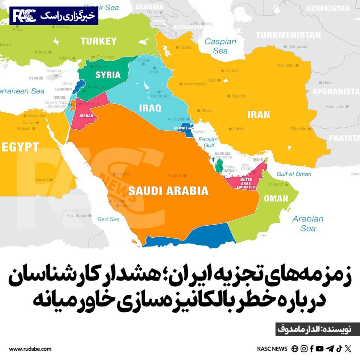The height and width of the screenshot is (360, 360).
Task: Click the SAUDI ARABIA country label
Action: point(168,191)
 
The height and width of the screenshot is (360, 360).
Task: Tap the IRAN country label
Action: point(258,114)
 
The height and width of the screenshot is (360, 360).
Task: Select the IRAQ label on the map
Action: point(150,108)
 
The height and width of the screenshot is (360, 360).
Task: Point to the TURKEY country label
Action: point(98,41)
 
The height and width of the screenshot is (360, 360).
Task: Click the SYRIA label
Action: point(108,75)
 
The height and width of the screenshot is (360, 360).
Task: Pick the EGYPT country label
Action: point(20,147)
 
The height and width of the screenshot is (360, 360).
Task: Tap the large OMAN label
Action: point(276,198)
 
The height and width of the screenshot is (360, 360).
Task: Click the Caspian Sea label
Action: point(220,46)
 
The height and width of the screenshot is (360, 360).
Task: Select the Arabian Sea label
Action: point(308,223)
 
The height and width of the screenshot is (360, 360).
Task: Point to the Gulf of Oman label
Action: point(294,174)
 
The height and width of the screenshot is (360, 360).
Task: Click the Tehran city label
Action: point(232,70)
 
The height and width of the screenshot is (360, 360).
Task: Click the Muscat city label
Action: point(276,184)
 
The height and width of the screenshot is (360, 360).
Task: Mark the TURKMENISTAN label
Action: point(285,35)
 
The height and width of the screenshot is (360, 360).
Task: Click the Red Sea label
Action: point(108,219)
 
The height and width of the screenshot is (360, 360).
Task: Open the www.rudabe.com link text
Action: point(30,349)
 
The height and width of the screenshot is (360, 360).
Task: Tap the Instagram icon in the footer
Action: point(304,349)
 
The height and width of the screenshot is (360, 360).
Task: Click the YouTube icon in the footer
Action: point(320,349)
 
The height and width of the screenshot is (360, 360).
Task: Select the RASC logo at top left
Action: point(23,16)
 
